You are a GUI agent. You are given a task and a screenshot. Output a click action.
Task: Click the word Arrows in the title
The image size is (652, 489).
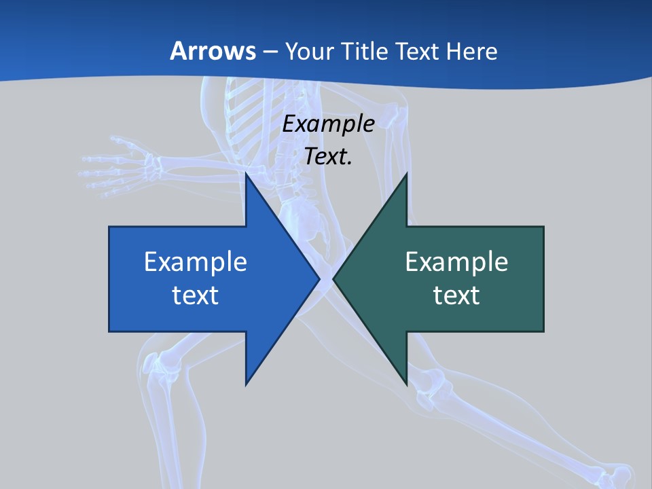point(213,51)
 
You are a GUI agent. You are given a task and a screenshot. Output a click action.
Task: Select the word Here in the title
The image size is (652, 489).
point(472,51)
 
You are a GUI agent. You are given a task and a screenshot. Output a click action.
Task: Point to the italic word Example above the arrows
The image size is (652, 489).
point(328,124)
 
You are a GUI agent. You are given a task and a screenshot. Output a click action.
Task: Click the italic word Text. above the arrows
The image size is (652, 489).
point(328,157)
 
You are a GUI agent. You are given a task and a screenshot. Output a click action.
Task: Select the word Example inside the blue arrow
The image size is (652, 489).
point(196,261)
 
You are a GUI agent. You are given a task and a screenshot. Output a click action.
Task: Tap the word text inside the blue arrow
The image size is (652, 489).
point(196,295)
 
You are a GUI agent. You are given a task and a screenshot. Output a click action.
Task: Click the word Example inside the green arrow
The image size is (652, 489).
point(456,261)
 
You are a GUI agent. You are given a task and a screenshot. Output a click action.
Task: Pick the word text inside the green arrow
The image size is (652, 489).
point(456,295)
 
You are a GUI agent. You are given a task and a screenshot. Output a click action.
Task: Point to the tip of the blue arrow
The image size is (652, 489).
point(319,278)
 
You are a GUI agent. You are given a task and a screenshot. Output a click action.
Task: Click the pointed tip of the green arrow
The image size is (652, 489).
point(334,278)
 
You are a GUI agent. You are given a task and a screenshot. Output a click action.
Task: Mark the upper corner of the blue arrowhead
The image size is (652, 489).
point(247,175)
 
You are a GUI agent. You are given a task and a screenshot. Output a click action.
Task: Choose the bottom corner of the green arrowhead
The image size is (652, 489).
point(406,384)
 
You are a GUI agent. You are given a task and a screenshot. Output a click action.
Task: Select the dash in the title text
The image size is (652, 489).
point(270,52)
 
